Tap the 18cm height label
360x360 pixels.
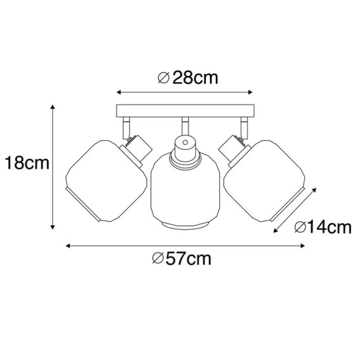[26, 163]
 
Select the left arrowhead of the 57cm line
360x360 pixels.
[68, 245]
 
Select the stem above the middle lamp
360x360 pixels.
[184, 126]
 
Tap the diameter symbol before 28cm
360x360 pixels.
[163, 78]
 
